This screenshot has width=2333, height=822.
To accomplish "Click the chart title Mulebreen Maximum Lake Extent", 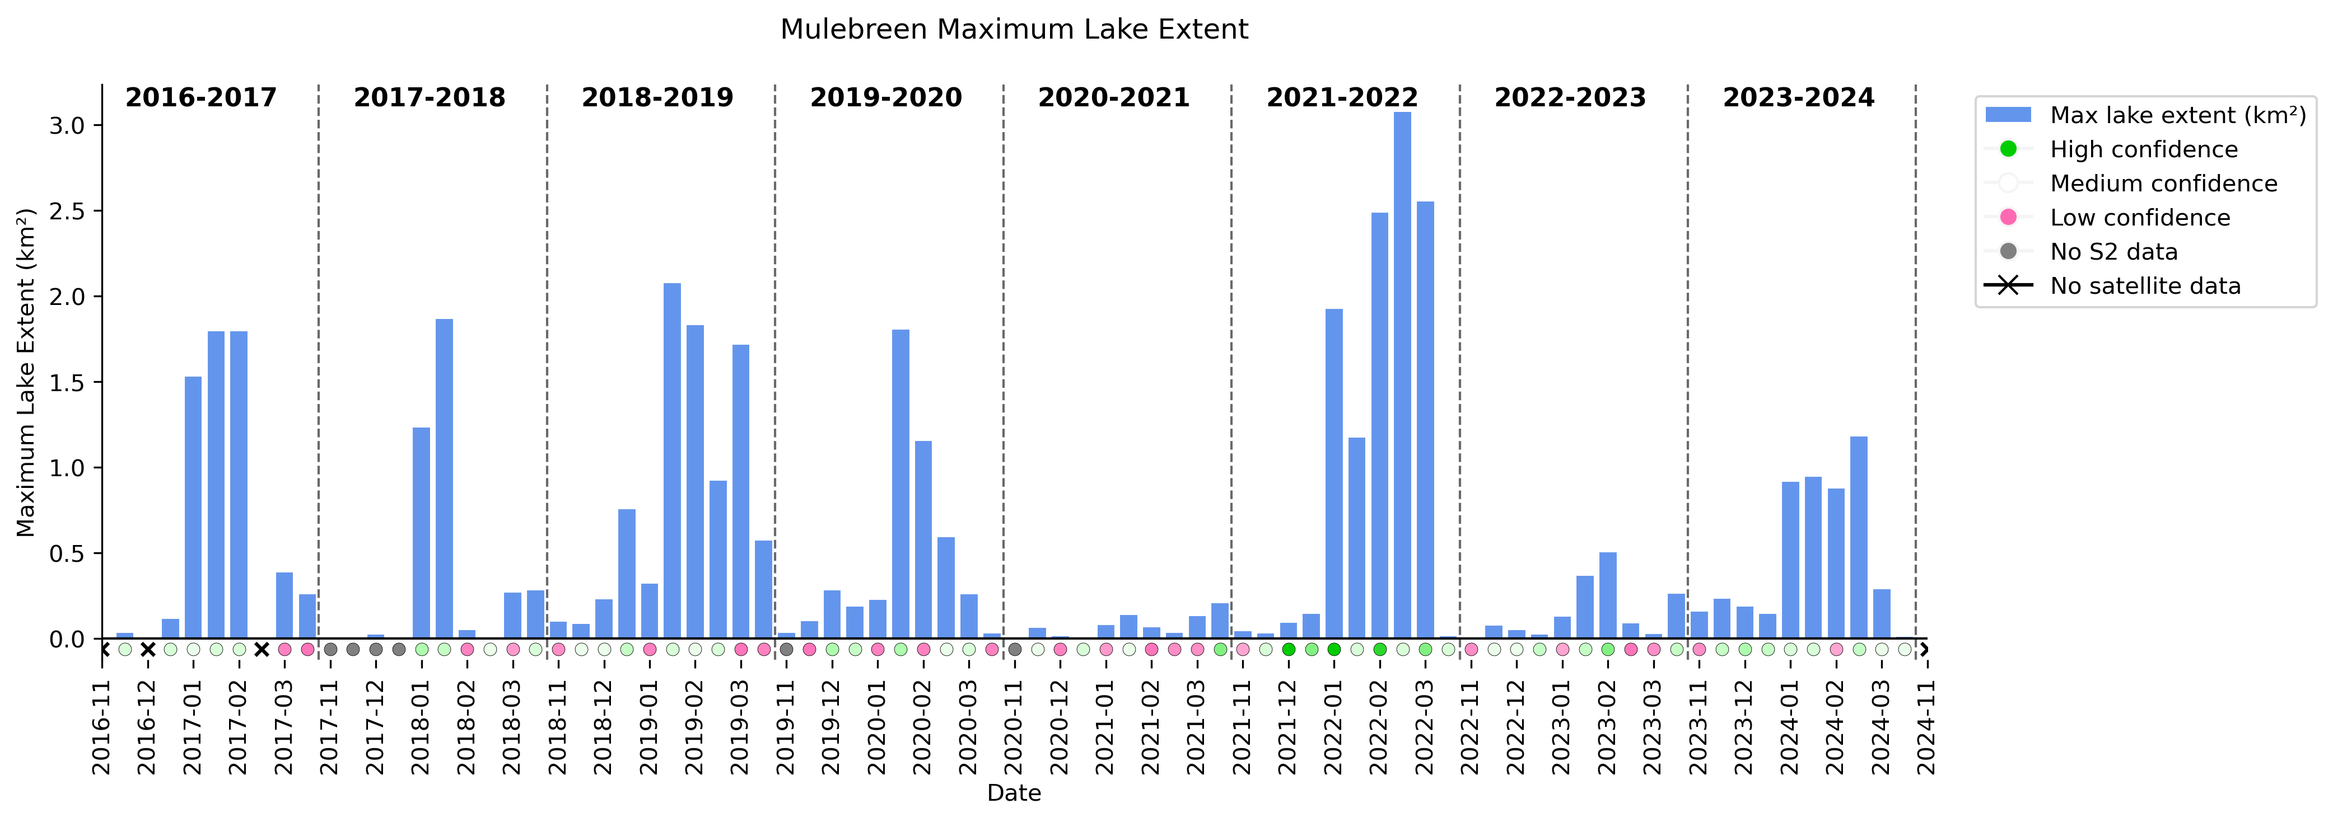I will [x=1014, y=30].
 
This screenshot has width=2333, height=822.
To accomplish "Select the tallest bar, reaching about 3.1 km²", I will [x=1402, y=375].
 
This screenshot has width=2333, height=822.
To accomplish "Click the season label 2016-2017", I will [x=201, y=98].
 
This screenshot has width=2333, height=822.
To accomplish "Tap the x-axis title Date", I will [x=1014, y=793].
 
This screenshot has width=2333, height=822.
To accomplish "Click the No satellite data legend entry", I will [x=2145, y=286].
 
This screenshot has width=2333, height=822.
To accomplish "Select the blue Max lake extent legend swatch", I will [x=2008, y=115].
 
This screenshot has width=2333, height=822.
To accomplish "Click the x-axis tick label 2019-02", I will [x=694, y=728].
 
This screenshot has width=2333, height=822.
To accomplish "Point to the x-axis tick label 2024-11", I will [x=1926, y=728].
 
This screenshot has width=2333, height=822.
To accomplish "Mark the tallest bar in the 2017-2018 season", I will [x=444, y=479].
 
